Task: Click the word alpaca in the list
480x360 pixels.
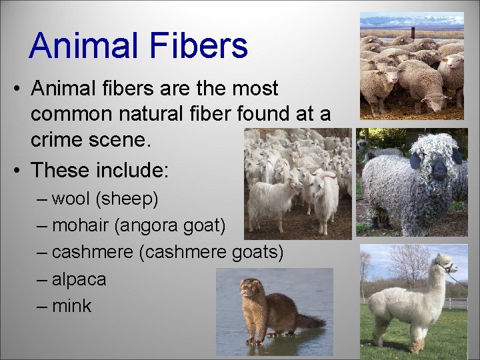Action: (79, 279)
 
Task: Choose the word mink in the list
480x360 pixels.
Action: (71, 306)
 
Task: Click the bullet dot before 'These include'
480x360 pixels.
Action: (15, 171)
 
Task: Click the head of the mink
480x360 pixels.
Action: (250, 288)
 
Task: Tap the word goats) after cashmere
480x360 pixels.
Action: (257, 253)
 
